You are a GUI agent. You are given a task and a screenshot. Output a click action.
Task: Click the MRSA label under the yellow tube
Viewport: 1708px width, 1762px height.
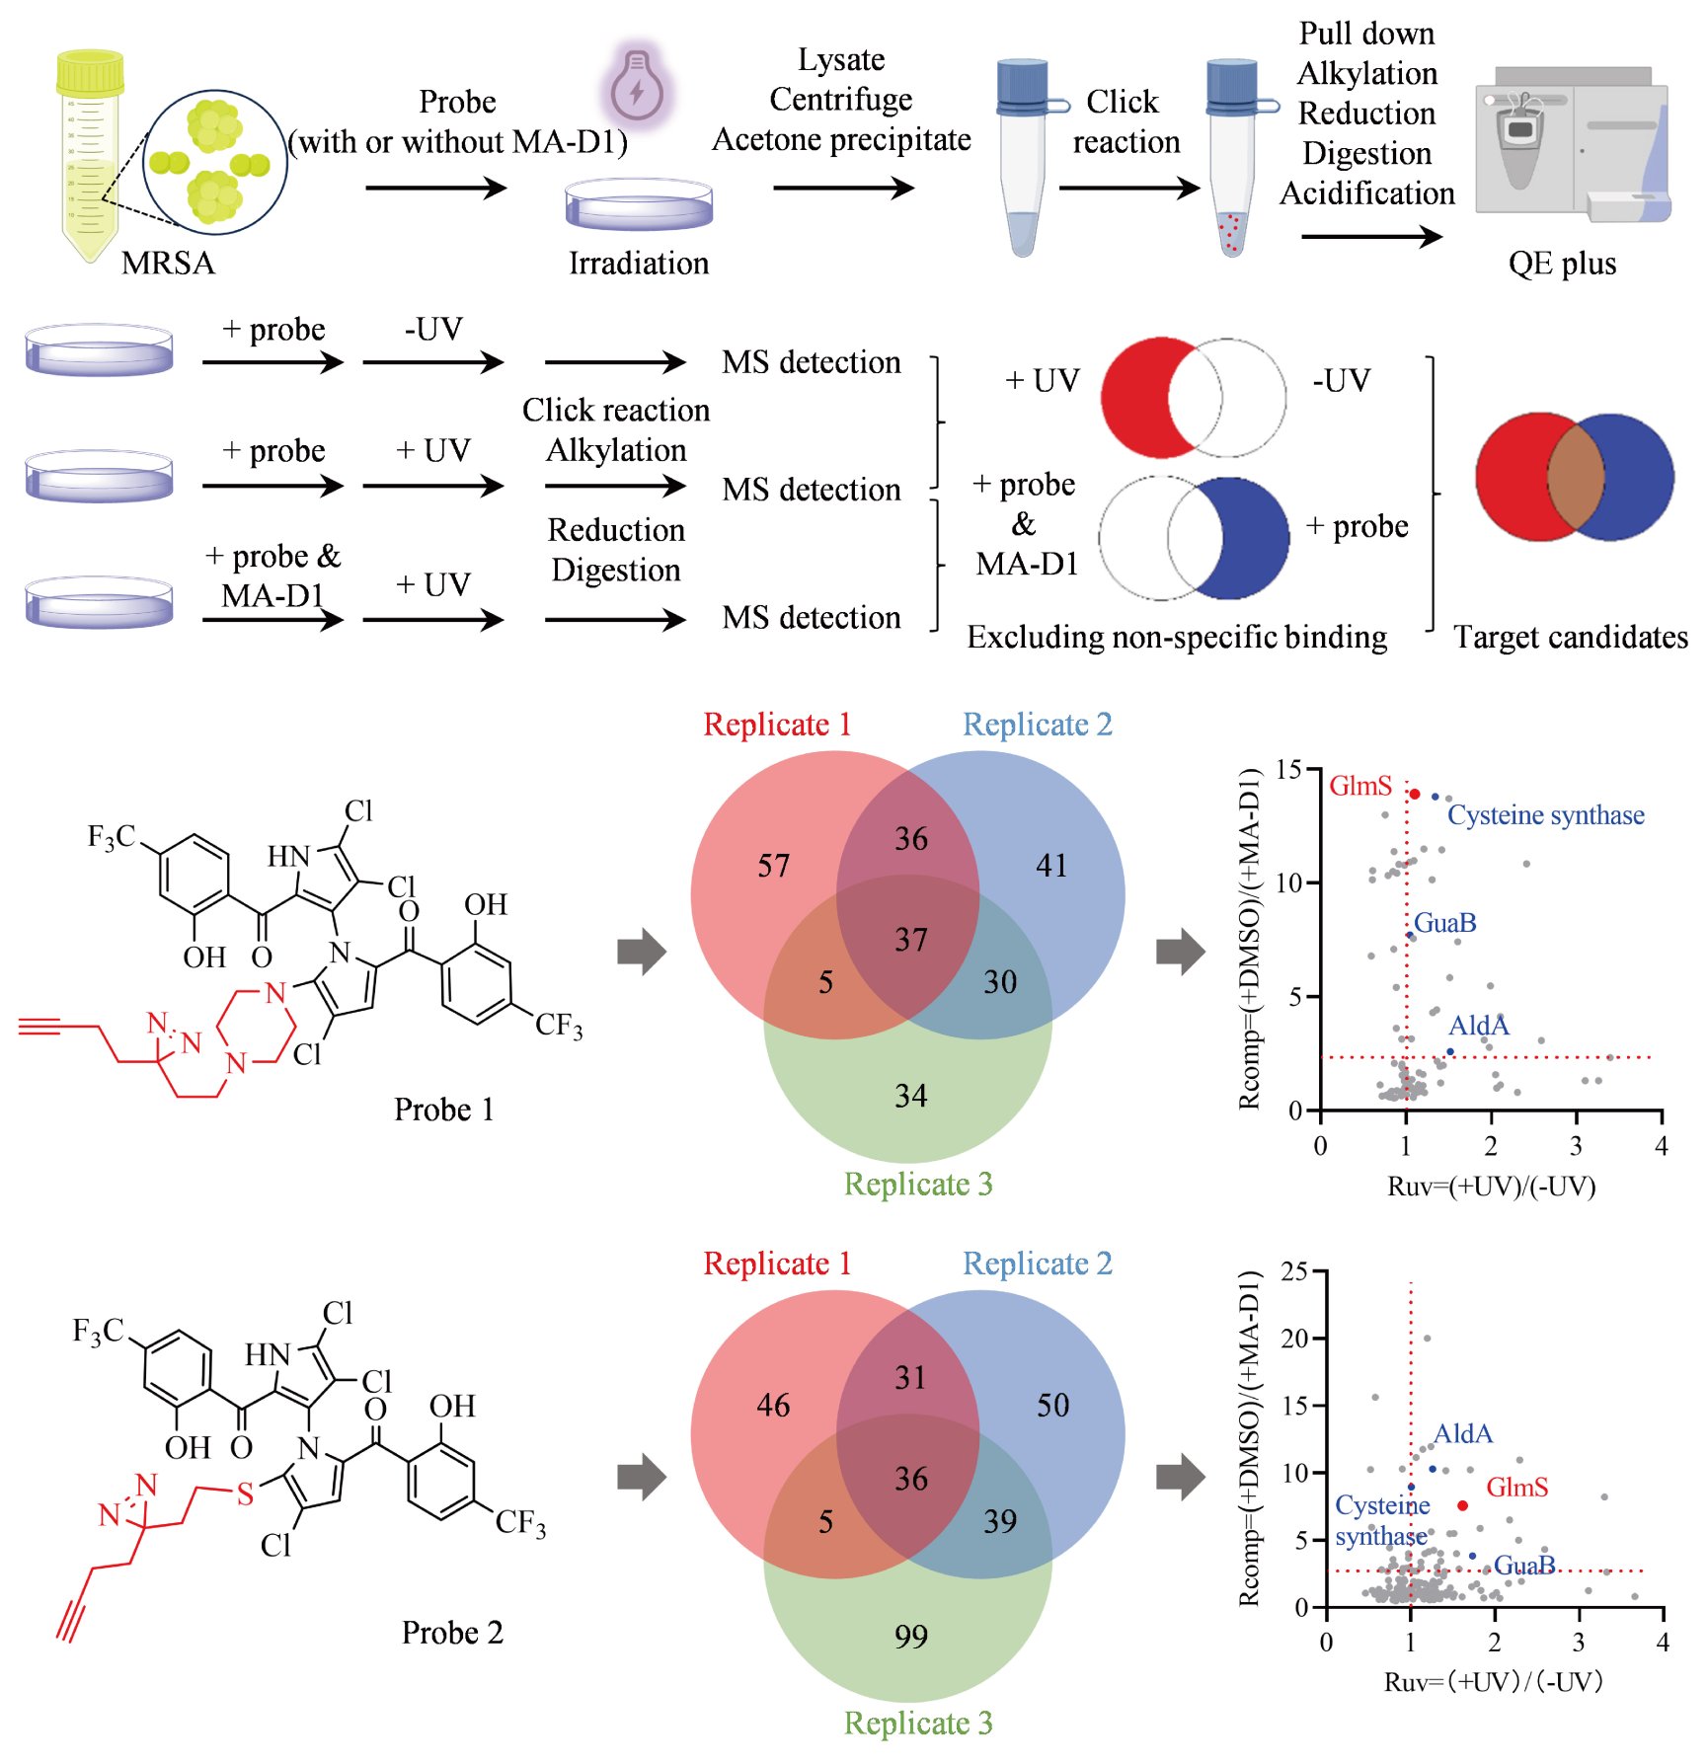click(x=168, y=264)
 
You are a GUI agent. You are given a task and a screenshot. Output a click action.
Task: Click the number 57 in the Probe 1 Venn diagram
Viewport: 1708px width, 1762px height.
click(x=773, y=867)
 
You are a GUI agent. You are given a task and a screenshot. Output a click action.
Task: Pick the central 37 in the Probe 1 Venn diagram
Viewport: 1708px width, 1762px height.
click(x=910, y=940)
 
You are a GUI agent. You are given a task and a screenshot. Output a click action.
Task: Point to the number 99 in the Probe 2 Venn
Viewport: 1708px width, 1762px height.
click(x=910, y=1637)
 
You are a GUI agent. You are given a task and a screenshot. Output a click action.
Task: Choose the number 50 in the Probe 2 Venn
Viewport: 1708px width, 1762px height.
click(x=1052, y=1406)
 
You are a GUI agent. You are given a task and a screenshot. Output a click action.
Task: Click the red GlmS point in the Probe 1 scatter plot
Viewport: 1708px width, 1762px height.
click(x=1415, y=794)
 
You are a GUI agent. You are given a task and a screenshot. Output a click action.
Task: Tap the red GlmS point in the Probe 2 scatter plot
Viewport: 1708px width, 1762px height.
click(x=1462, y=1505)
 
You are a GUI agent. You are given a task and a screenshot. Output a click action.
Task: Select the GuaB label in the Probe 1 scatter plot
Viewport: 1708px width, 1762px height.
click(x=1444, y=923)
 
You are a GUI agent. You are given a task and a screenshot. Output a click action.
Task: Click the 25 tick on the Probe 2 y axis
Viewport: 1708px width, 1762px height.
click(x=1293, y=1272)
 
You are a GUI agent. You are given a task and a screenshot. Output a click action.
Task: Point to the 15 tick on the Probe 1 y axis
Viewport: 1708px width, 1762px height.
click(x=1287, y=770)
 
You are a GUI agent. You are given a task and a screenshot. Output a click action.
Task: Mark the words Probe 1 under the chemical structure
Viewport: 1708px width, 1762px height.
click(x=443, y=1110)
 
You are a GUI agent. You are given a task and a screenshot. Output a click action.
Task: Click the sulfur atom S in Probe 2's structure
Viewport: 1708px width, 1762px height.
click(x=245, y=1494)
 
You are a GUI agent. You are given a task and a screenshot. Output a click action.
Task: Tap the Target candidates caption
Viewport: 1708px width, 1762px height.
click(x=1570, y=638)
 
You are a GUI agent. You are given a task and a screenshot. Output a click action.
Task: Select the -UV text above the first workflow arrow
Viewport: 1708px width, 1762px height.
click(x=433, y=329)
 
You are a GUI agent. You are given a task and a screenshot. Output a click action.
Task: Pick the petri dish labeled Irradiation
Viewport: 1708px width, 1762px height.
click(x=639, y=204)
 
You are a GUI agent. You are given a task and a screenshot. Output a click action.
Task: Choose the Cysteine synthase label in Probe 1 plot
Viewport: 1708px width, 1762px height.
click(x=1545, y=815)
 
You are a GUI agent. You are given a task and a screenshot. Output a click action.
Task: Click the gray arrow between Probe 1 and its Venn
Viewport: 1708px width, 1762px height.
click(x=642, y=952)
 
